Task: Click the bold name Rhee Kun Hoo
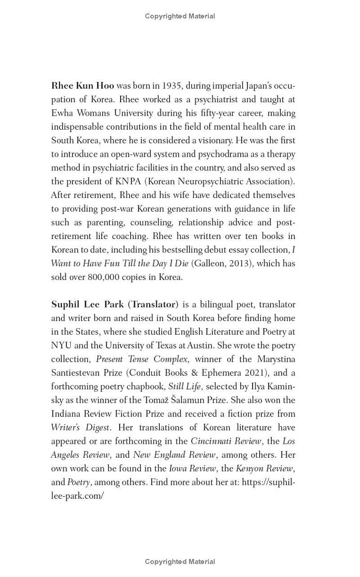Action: click(x=83, y=86)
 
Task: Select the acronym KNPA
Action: click(x=128, y=181)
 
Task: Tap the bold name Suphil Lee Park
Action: click(x=87, y=304)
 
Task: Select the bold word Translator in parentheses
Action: click(x=153, y=304)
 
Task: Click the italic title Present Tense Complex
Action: click(x=142, y=359)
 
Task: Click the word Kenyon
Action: click(x=249, y=469)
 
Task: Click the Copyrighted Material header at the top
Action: click(x=180, y=16)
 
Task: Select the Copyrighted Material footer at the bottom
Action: click(x=180, y=561)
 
